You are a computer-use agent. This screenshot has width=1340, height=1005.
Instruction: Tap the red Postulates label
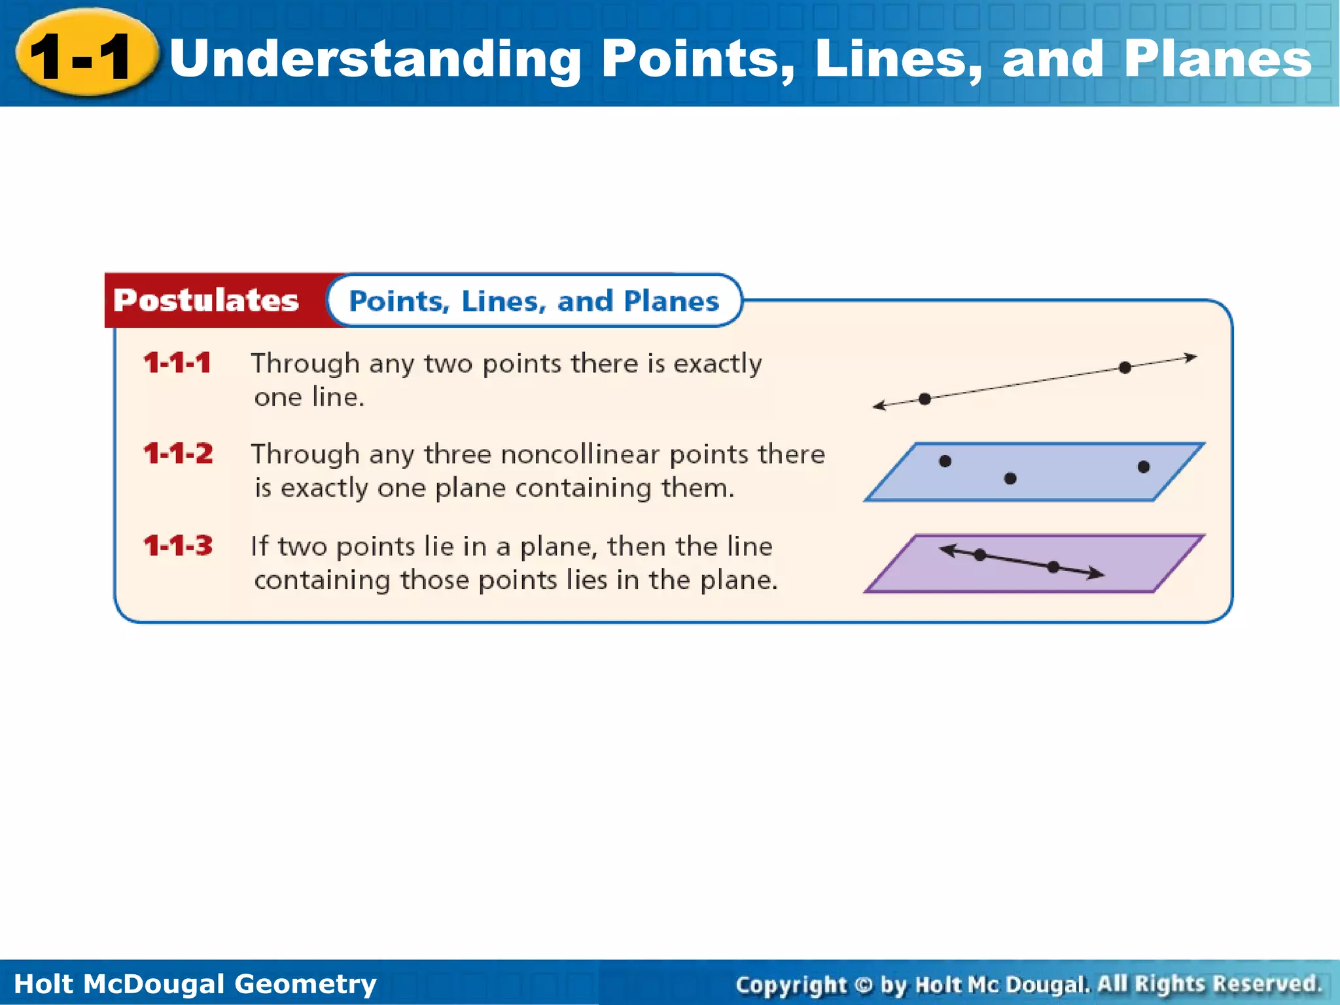pyautogui.click(x=206, y=301)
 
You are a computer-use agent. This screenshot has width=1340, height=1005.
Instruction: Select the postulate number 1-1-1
pyautogui.click(x=177, y=363)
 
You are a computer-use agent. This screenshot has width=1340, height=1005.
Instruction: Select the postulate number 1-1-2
pyautogui.click(x=178, y=454)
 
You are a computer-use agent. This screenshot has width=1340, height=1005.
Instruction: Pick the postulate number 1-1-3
pyautogui.click(x=178, y=546)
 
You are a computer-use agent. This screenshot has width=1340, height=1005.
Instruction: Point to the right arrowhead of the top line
pyautogui.click(x=1191, y=358)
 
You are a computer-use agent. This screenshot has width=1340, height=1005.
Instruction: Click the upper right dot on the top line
pyautogui.click(x=1125, y=368)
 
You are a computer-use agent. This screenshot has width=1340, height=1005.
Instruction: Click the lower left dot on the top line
pyautogui.click(x=925, y=399)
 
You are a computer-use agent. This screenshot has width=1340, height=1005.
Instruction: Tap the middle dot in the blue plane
pyautogui.click(x=1010, y=479)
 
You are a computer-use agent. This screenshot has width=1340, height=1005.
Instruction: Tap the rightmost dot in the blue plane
pyautogui.click(x=1144, y=467)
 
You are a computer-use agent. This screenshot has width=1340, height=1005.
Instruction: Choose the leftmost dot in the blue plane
pyautogui.click(x=945, y=461)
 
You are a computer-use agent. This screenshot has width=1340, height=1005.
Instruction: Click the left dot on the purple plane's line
pyautogui.click(x=979, y=555)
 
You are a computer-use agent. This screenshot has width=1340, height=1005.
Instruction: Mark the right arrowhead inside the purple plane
pyautogui.click(x=1097, y=574)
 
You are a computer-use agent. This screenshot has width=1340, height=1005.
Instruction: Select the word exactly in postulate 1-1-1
pyautogui.click(x=718, y=364)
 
